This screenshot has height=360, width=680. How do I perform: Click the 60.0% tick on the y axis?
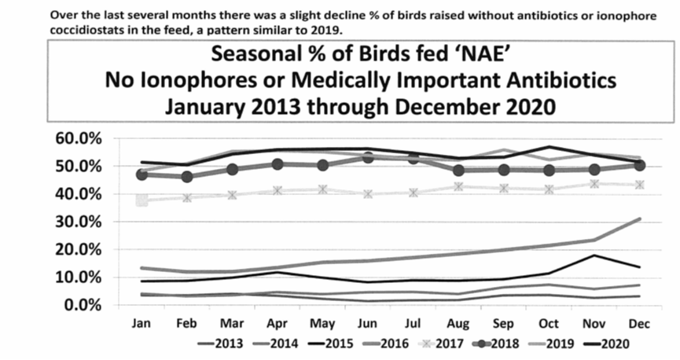tap(79, 138)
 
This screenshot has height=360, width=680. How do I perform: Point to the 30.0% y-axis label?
tap(79, 222)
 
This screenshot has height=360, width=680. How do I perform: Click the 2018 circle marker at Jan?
tap(142, 174)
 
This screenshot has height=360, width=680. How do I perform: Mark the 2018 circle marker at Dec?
tap(638, 165)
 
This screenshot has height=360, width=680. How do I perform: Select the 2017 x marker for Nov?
tap(594, 183)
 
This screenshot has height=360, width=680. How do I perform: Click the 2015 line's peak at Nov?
tap(594, 255)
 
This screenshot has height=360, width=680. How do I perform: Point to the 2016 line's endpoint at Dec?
tap(638, 219)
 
